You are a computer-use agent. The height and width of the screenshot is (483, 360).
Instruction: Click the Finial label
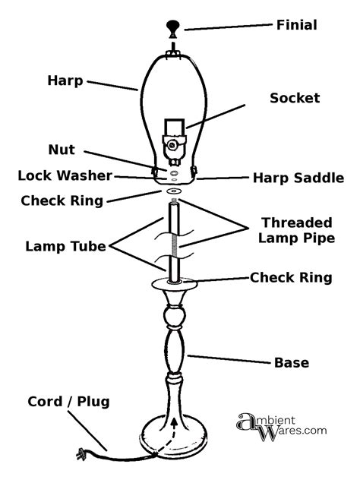click(295, 25)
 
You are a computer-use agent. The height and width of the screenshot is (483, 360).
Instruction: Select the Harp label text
click(65, 80)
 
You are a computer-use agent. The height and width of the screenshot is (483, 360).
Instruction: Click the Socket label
click(295, 99)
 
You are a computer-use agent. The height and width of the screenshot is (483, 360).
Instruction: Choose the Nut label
click(62, 150)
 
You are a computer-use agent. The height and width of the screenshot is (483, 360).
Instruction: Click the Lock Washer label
click(65, 176)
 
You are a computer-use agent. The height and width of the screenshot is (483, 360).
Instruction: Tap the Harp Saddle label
click(298, 178)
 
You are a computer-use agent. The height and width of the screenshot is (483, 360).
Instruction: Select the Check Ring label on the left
click(62, 201)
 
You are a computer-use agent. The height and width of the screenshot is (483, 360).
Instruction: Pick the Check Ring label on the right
click(291, 278)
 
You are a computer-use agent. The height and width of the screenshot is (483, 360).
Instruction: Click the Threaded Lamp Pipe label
click(297, 230)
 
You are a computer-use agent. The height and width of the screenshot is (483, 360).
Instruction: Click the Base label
click(291, 363)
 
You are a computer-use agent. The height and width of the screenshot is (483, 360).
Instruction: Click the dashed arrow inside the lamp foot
click(175, 431)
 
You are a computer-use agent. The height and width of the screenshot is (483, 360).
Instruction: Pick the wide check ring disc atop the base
click(175, 286)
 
